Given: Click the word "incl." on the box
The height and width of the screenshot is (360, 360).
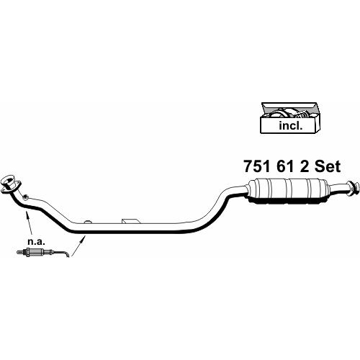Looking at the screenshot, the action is [x=290, y=125].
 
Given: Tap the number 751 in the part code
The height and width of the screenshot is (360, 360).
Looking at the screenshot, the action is [x=257, y=166].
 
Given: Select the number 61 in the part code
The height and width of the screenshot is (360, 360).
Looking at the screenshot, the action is [x=285, y=166].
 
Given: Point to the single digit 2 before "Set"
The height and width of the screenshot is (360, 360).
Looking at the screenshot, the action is [x=305, y=166].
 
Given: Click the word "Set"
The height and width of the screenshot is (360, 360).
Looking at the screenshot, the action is [x=328, y=166].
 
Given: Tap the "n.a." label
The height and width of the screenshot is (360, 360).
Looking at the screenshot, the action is [x=37, y=241].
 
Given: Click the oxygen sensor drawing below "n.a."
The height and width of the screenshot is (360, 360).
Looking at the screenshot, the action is [x=43, y=253].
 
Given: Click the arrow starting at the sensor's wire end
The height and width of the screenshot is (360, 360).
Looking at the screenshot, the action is [x=78, y=246].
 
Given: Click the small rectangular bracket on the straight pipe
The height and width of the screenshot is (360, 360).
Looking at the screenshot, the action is [x=130, y=221].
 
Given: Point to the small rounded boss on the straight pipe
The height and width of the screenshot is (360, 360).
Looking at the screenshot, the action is [x=88, y=222].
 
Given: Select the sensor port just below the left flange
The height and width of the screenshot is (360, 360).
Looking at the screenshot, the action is [x=25, y=197].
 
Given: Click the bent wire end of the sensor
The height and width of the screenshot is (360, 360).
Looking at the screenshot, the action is [x=66, y=255].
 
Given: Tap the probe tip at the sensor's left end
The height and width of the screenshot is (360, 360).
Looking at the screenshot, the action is [x=19, y=252].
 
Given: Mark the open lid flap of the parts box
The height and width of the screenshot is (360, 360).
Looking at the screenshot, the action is [x=289, y=106].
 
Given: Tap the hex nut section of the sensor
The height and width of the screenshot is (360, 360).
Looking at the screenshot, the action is [x=27, y=253].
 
